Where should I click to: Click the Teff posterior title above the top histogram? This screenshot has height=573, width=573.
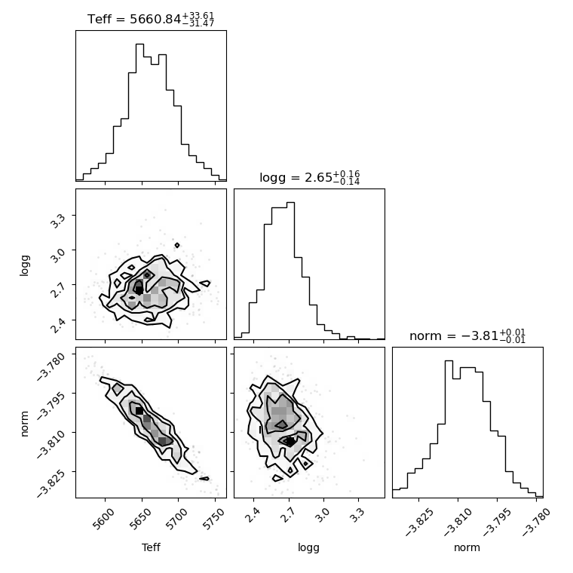(151, 19)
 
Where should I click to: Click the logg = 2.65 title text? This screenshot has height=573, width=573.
(310, 178)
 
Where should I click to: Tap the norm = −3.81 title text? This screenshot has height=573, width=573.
(467, 336)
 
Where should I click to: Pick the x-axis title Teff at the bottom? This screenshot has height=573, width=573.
(151, 547)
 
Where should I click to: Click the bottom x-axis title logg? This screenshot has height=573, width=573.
(309, 548)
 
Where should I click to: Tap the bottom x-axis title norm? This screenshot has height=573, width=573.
(467, 548)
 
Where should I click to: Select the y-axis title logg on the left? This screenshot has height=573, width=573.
(24, 265)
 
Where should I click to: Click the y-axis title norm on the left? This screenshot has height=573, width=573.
(24, 424)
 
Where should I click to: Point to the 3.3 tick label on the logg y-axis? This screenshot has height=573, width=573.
(58, 221)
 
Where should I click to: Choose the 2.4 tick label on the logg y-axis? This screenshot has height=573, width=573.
(58, 325)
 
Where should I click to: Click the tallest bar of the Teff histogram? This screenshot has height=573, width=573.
(139, 112)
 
